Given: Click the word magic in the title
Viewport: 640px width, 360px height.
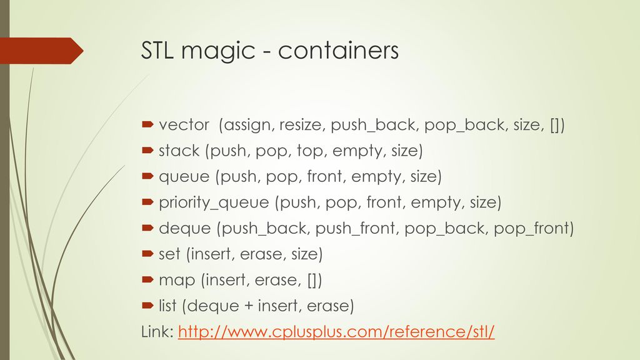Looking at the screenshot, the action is (218, 51).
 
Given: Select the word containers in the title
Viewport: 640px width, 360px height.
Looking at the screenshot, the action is (338, 51).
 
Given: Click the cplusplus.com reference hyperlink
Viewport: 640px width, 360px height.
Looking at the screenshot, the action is (336, 331).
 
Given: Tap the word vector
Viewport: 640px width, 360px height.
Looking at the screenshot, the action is (184, 125).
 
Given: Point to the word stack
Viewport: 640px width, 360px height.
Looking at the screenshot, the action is (179, 151).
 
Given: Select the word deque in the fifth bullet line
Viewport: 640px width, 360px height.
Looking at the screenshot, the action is (185, 229).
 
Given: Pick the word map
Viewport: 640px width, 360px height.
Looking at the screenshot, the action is (177, 281).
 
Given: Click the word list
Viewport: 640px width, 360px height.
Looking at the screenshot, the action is (167, 306).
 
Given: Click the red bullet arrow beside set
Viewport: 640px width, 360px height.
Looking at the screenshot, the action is (147, 254).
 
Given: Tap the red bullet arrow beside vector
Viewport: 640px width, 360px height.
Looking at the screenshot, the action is (147, 124).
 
